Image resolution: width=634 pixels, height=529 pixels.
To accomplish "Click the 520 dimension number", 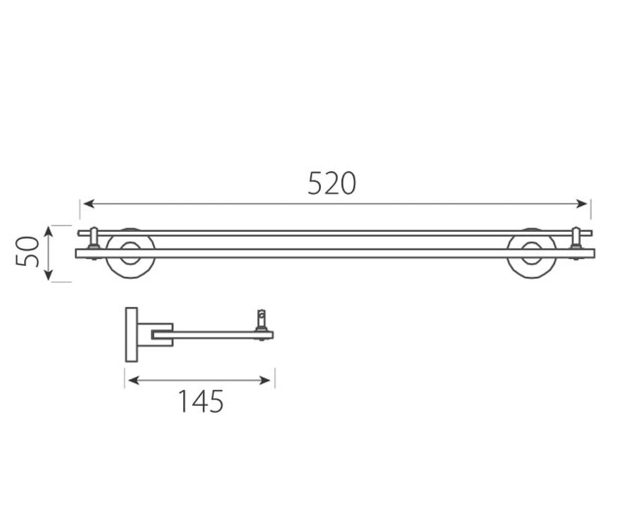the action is [x=332, y=184].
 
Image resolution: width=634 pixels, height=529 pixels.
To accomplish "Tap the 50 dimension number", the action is [x=27, y=251].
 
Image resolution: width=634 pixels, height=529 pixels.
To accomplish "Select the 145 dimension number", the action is [x=201, y=402].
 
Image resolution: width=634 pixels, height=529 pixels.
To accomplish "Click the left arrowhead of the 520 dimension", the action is [x=89, y=204].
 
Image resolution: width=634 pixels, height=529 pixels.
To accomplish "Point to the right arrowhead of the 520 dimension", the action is [x=582, y=204].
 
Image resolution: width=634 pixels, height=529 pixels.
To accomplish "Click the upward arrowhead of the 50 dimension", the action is [x=49, y=232].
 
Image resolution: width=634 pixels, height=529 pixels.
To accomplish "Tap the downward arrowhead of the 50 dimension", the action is [x=49, y=275].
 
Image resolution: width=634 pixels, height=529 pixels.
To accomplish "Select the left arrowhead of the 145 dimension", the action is [x=134, y=380].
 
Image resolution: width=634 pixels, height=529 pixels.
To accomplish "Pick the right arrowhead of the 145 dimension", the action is [x=265, y=380].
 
